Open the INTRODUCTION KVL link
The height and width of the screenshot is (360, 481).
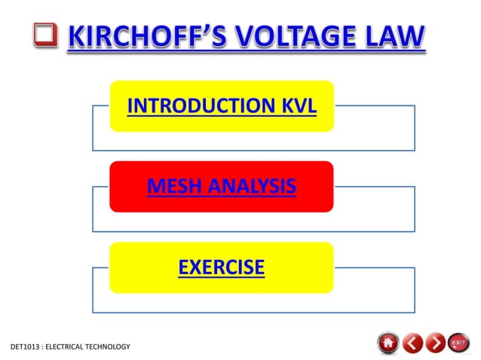coord(221,106)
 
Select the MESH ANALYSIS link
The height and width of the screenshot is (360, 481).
coord(221,185)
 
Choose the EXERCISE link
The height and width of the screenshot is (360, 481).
coord(221,267)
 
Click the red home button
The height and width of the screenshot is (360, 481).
coord(388,343)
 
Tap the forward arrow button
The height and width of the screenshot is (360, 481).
coord(435,343)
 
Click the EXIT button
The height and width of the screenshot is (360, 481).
coord(458,343)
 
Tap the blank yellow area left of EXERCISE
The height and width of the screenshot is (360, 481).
coord(143,267)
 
